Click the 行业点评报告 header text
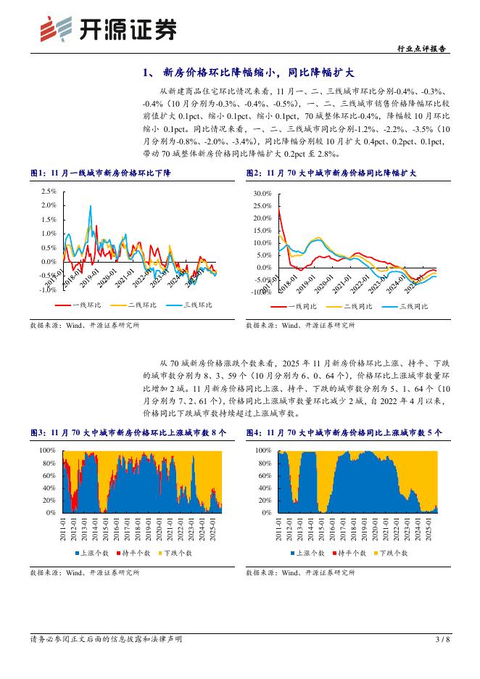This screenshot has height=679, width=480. click(x=423, y=49)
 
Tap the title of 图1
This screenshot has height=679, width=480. click(x=101, y=173)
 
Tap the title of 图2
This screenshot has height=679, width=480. click(x=331, y=173)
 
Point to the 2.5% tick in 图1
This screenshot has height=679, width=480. click(x=48, y=192)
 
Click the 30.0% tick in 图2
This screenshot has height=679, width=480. click(x=262, y=194)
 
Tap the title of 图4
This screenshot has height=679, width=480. click(x=344, y=432)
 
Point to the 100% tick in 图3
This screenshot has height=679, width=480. click(x=47, y=450)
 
